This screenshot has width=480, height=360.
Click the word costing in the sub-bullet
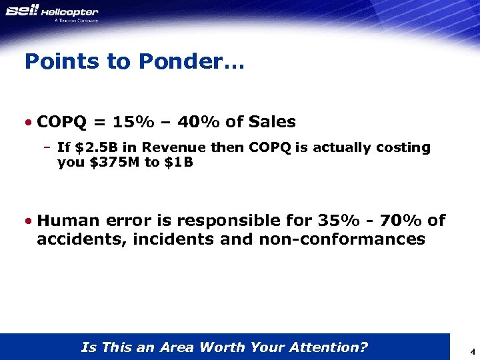[403, 147]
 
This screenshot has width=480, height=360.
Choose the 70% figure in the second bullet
[400, 221]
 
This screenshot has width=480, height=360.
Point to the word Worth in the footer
[222, 347]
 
